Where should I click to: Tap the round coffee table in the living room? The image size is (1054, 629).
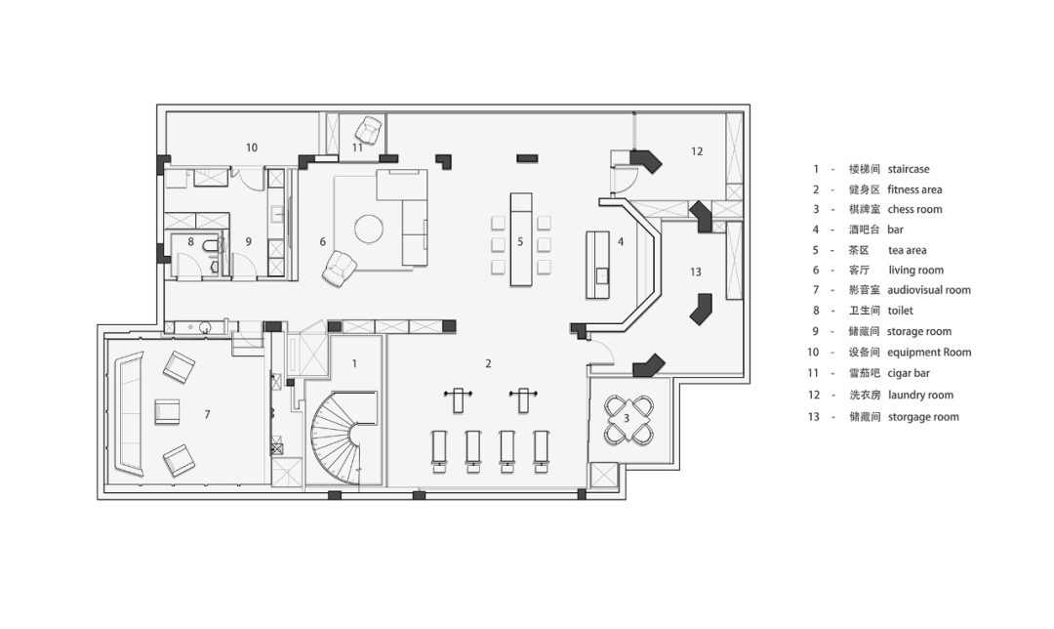(x=368, y=229)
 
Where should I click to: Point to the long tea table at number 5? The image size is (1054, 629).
(x=521, y=239)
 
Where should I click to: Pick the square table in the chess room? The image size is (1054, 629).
(x=628, y=419)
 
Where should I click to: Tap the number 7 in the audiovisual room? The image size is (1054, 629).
(x=207, y=414)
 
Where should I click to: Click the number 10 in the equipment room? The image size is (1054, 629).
(x=252, y=147)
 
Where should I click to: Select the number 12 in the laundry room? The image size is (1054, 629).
(x=697, y=151)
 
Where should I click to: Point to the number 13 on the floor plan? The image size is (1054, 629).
(x=696, y=272)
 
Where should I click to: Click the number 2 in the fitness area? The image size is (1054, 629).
(x=488, y=363)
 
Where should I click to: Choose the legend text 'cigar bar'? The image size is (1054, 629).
(x=909, y=373)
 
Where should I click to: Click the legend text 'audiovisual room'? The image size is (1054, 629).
(x=929, y=290)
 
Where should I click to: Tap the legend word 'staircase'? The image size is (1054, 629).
(x=909, y=169)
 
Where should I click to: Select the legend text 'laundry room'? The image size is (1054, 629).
(x=920, y=395)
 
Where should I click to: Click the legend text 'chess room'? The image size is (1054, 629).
(x=914, y=209)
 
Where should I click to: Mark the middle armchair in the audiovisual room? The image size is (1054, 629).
(x=168, y=412)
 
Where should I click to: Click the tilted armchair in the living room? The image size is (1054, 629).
(x=339, y=269)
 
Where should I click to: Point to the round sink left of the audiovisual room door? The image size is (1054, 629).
(x=205, y=327)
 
